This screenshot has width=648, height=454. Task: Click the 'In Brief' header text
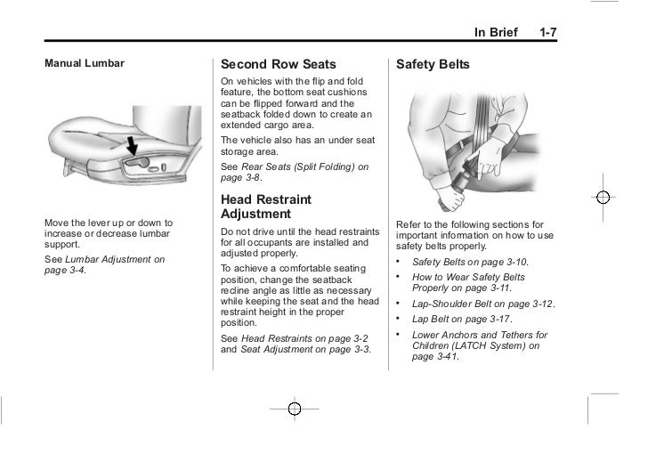coord(496,32)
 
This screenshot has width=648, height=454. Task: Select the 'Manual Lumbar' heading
coord(85,64)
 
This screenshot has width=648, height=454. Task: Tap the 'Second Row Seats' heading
coord(278,65)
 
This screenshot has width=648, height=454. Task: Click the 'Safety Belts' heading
coord(433,65)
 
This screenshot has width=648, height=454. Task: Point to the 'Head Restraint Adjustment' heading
coord(268,207)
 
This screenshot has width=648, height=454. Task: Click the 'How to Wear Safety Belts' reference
coord(469,277)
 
